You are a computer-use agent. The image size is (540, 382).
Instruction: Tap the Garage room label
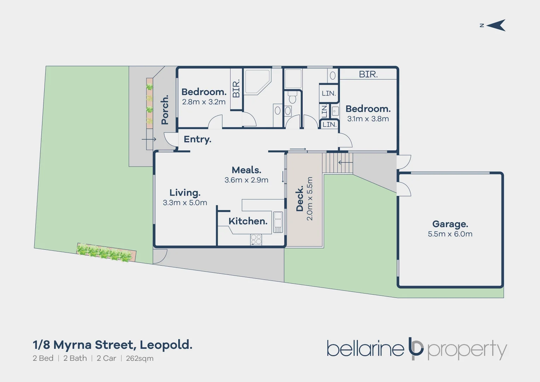(450, 224)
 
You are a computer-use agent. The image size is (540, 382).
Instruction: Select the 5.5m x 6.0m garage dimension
(450, 234)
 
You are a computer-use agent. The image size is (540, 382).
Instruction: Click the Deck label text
(300, 198)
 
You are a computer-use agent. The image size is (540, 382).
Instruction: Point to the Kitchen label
(248, 221)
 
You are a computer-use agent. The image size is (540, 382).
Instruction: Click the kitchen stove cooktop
(256, 239)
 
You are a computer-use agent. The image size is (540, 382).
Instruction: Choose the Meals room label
(246, 170)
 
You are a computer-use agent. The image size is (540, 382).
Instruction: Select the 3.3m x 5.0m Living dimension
(185, 203)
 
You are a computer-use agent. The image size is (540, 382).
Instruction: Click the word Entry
(197, 139)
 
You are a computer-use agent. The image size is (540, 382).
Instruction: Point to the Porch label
(165, 110)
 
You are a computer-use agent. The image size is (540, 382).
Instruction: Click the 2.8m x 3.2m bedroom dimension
(204, 102)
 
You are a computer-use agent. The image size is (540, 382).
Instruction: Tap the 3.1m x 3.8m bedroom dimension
(368, 119)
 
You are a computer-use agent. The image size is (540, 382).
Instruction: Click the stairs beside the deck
(337, 163)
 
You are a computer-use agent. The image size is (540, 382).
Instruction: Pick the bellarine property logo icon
(416, 348)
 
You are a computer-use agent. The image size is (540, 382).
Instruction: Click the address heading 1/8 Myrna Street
(112, 345)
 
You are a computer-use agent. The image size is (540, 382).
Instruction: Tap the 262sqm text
(140, 358)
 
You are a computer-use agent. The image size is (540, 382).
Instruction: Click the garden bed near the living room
(106, 253)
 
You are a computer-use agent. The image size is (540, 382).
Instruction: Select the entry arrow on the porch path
(149, 139)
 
